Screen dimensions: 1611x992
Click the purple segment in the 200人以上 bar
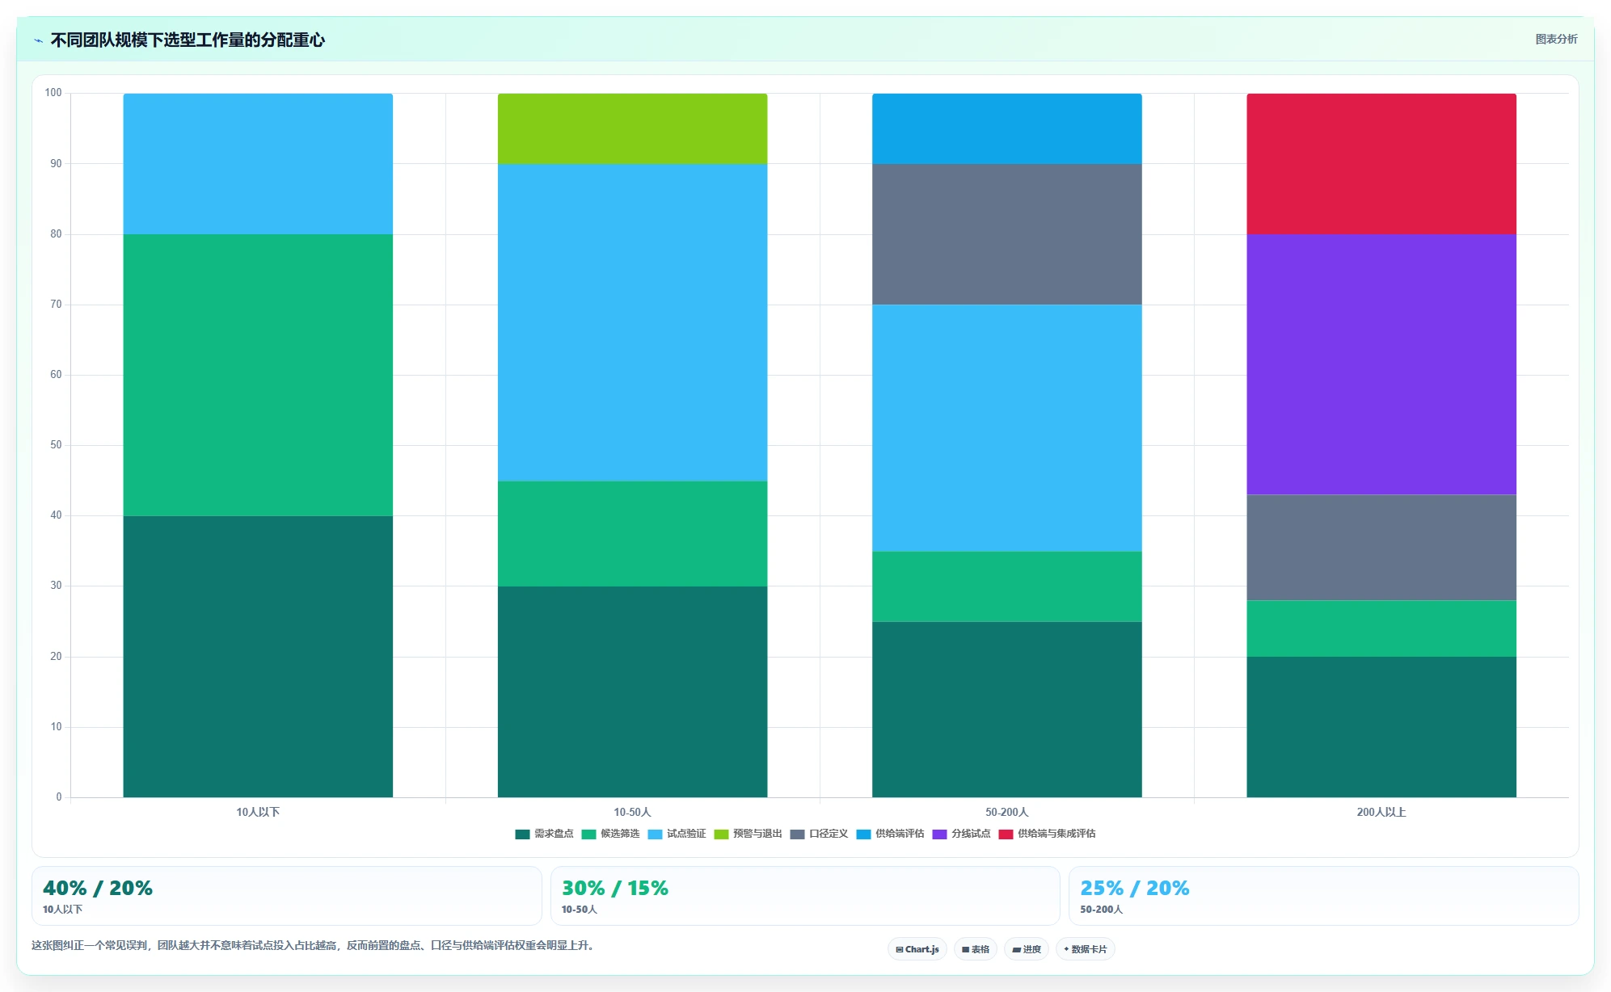[1381, 364]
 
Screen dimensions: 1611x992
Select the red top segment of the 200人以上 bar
[1381, 164]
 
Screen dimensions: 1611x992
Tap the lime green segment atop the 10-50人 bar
[632, 128]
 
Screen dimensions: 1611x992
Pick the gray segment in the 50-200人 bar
[1006, 234]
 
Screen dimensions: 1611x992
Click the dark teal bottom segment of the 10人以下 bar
[258, 657]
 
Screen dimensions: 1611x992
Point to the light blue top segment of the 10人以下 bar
[258, 164]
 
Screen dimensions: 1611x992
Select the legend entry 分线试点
[961, 834]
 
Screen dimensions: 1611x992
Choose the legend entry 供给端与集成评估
[1047, 834]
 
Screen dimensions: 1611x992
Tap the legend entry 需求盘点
[544, 834]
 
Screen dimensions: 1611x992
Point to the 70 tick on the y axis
[56, 305]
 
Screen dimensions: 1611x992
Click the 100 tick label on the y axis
[53, 93]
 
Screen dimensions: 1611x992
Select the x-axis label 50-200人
[1006, 812]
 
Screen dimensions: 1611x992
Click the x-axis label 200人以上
[1381, 812]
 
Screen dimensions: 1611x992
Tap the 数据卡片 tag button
[1085, 949]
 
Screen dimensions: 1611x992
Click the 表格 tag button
[975, 949]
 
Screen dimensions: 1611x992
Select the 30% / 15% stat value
[614, 888]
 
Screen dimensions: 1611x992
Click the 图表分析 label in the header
[1556, 39]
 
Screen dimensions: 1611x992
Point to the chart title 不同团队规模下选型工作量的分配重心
[188, 40]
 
